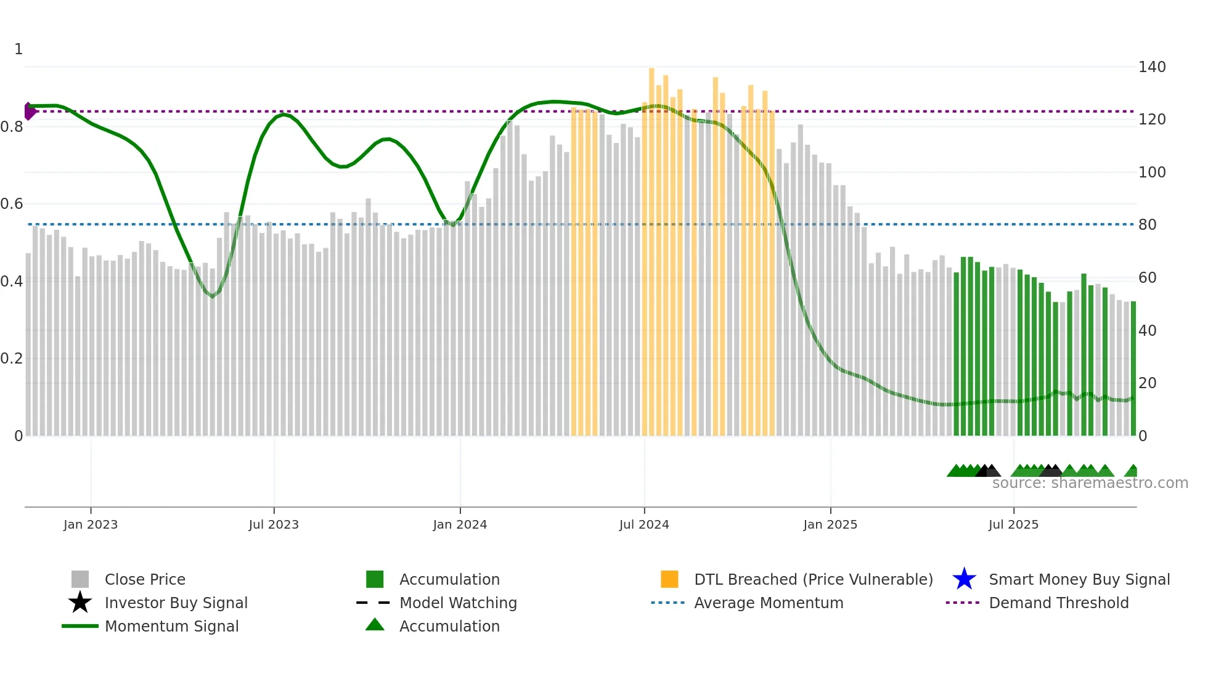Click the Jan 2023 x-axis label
pos(90,524)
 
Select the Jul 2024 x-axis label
pos(644,524)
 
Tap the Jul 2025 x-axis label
pos(1013,524)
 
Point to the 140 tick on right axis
pos(1152,67)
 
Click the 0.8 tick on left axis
pos(12,127)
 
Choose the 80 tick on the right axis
pos(1147,225)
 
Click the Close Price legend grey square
pos(80,579)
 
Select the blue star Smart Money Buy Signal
pos(964,579)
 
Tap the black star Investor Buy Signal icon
pos(80,603)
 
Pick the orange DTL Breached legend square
pos(669,579)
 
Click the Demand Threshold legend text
pos(1058,603)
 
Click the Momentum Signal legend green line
pos(80,626)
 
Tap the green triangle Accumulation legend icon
pos(375,625)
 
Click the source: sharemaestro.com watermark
pos(1090,483)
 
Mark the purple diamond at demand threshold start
pos(29,112)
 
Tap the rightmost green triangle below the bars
pos(1132,471)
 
